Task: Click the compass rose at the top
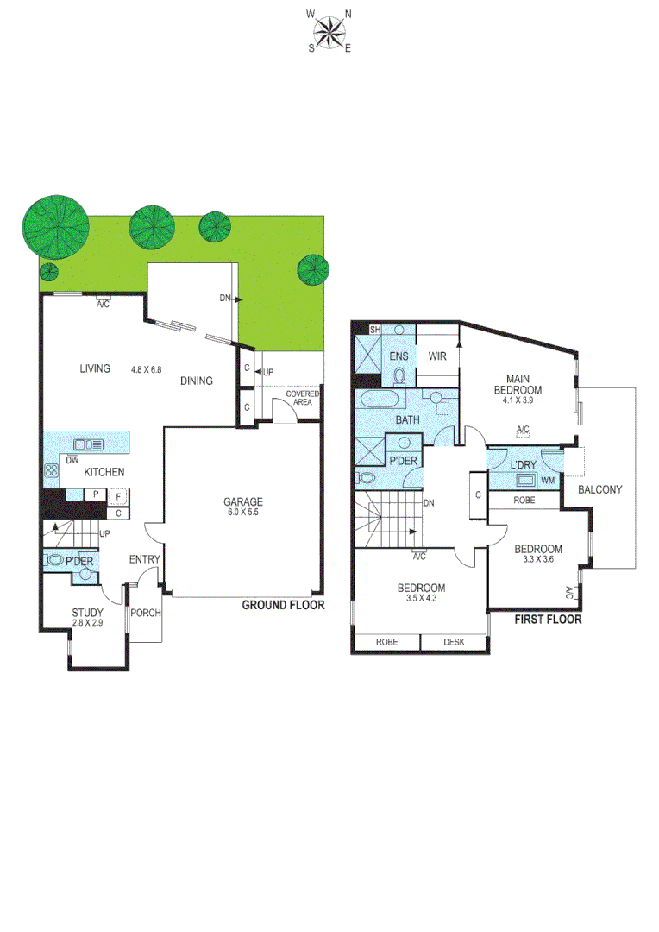[x=329, y=31]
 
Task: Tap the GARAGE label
[x=243, y=501]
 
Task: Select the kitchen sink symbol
[x=89, y=444]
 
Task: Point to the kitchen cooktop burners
[x=50, y=471]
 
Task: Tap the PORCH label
[x=146, y=614]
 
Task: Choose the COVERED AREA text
[x=303, y=398]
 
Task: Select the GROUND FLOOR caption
[x=283, y=605]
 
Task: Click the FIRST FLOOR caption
[x=548, y=619]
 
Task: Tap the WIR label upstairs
[x=436, y=356]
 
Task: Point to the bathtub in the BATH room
[x=379, y=400]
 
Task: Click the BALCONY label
[x=600, y=489]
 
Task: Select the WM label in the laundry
[x=547, y=479]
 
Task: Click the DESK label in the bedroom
[x=454, y=642]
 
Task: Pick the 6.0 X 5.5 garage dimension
[x=243, y=513]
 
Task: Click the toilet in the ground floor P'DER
[x=56, y=560]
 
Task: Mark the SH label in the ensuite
[x=375, y=330]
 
